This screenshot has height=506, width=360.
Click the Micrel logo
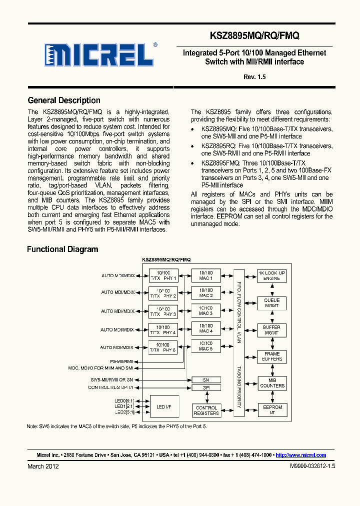(x=99, y=54)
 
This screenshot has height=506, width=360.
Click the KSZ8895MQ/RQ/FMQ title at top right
(x=254, y=36)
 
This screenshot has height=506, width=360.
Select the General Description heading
(x=64, y=100)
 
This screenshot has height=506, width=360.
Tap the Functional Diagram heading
(x=62, y=249)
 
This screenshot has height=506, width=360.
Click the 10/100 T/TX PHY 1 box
(x=163, y=275)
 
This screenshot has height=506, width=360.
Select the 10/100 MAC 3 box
(x=206, y=311)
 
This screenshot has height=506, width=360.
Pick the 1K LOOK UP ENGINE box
(x=271, y=275)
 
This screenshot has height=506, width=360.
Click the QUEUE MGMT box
(x=271, y=302)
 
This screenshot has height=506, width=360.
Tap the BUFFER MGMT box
(x=271, y=329)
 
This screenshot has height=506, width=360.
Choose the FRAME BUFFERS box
(x=271, y=356)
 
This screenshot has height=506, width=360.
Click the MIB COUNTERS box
(x=271, y=383)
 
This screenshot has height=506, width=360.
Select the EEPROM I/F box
(x=271, y=410)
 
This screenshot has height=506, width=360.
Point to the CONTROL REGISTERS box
(x=206, y=410)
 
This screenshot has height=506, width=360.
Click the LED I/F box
(x=163, y=407)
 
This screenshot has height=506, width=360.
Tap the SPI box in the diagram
(x=206, y=387)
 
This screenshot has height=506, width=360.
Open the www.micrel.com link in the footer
(x=301, y=455)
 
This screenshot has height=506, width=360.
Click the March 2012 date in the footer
(x=43, y=466)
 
